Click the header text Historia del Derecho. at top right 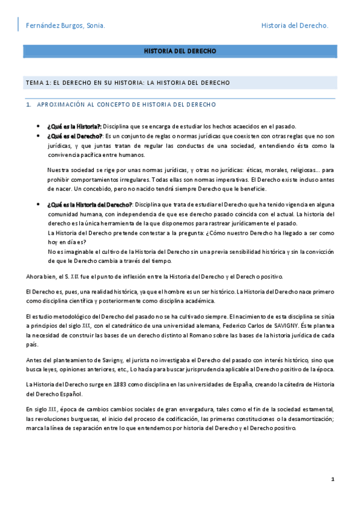[295, 26]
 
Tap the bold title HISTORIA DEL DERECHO [180, 52]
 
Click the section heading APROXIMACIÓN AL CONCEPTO [126, 105]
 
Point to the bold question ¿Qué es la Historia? [75, 126]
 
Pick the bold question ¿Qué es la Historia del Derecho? [90, 205]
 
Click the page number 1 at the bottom [332, 479]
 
